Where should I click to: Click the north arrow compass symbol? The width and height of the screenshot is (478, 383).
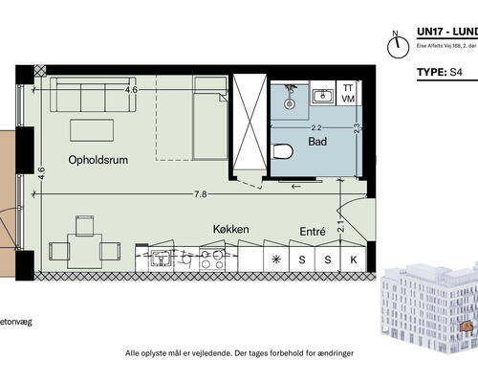point(393,44)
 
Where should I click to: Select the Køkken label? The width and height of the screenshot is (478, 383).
point(232,230)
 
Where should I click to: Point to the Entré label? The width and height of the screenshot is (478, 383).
point(313,231)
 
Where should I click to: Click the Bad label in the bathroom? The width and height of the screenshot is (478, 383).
point(318,142)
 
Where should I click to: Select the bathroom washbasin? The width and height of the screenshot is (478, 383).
point(323,95)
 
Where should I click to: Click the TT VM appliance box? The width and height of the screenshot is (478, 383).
point(349,92)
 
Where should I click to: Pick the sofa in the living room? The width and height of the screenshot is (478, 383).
point(99,97)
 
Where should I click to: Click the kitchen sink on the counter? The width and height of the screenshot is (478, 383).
point(160,258)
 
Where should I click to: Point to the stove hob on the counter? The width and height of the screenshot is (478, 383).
point(211,258)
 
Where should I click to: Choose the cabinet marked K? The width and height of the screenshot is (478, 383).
point(353,259)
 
